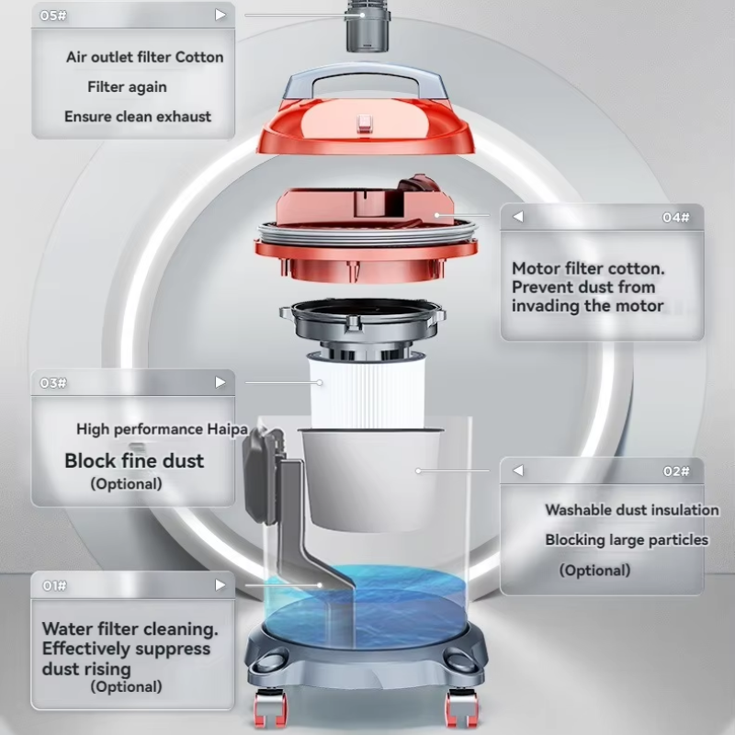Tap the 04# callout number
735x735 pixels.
click(x=675, y=218)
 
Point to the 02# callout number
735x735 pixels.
click(x=675, y=471)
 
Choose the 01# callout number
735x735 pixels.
click(x=54, y=585)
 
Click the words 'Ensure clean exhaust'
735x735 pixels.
click(x=138, y=117)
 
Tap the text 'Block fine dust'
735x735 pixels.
click(x=134, y=460)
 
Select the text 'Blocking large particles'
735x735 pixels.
click(x=627, y=540)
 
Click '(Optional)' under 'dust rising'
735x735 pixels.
click(x=126, y=686)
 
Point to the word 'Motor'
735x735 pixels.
click(x=536, y=269)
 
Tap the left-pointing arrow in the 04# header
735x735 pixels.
click(x=517, y=218)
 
